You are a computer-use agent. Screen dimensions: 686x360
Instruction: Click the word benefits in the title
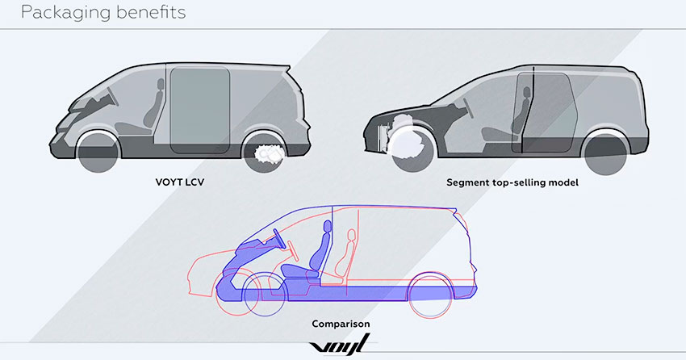pyautogui.click(x=148, y=11)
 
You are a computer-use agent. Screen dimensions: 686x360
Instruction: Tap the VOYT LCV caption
pyautogui.click(x=180, y=182)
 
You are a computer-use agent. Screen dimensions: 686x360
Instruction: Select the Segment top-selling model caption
pyautogui.click(x=512, y=182)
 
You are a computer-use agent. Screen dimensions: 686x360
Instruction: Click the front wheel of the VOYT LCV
pyautogui.click(x=98, y=152)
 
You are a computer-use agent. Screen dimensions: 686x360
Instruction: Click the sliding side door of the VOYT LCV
pyautogui.click(x=200, y=110)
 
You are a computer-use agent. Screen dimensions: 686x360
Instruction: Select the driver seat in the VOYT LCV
pyautogui.click(x=151, y=109)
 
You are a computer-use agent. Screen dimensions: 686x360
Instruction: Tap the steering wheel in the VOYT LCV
pyautogui.click(x=112, y=97)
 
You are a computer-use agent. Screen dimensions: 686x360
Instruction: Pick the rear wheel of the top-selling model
pyautogui.click(x=606, y=153)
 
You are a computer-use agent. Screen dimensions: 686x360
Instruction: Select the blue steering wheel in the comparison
pyautogui.click(x=279, y=239)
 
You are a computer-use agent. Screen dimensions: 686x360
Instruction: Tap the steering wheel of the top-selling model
pyautogui.click(x=469, y=107)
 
